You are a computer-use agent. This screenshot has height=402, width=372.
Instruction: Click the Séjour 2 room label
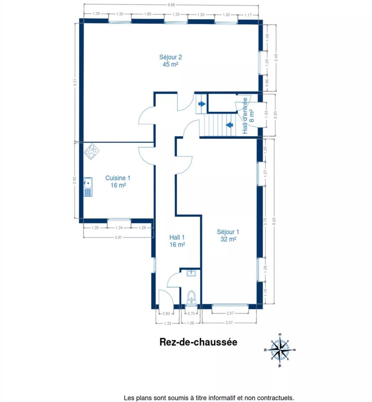(x=170, y=61)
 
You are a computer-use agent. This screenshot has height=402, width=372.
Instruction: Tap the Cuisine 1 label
(x=118, y=181)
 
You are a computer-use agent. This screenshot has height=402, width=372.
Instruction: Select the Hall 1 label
(x=177, y=241)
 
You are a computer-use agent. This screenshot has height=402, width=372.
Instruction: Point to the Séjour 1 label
(x=228, y=235)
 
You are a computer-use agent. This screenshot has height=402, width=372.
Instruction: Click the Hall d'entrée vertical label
(x=248, y=116)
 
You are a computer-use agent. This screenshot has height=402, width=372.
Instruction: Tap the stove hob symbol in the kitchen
(x=91, y=151)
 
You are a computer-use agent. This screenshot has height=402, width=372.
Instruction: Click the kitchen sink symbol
(x=88, y=187)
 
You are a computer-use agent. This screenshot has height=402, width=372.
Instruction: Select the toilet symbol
(x=191, y=297)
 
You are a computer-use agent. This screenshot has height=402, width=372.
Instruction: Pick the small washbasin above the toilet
(x=191, y=273)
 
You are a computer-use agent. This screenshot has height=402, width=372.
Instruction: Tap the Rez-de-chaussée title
(x=198, y=342)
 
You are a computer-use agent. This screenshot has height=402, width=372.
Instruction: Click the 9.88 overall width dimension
(x=171, y=5)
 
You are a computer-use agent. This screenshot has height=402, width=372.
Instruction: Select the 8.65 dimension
(x=274, y=222)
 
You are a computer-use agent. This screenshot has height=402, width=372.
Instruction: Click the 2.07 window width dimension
(x=230, y=313)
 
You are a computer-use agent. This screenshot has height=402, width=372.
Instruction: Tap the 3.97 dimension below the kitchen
(x=118, y=237)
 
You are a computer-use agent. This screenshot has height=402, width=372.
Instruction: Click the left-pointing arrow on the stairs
(x=229, y=125)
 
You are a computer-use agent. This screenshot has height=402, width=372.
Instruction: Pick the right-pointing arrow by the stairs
(x=202, y=104)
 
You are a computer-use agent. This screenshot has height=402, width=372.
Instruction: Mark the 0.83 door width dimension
(x=166, y=313)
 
